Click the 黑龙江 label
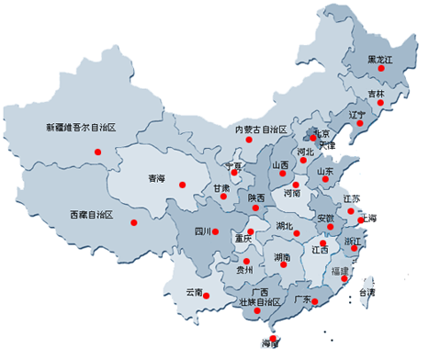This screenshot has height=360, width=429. tap(378, 60)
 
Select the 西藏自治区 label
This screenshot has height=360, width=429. tap(90, 215)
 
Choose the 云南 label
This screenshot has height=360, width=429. tap(193, 292)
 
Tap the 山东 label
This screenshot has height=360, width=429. tap(324, 171)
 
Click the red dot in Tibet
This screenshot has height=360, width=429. tap(137, 221)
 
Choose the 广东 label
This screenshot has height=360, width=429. tap(301, 299)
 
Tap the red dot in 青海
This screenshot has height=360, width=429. tap(182, 186)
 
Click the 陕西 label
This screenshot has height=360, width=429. tap(255, 198)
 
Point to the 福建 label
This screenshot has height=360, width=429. tap(339, 272)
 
